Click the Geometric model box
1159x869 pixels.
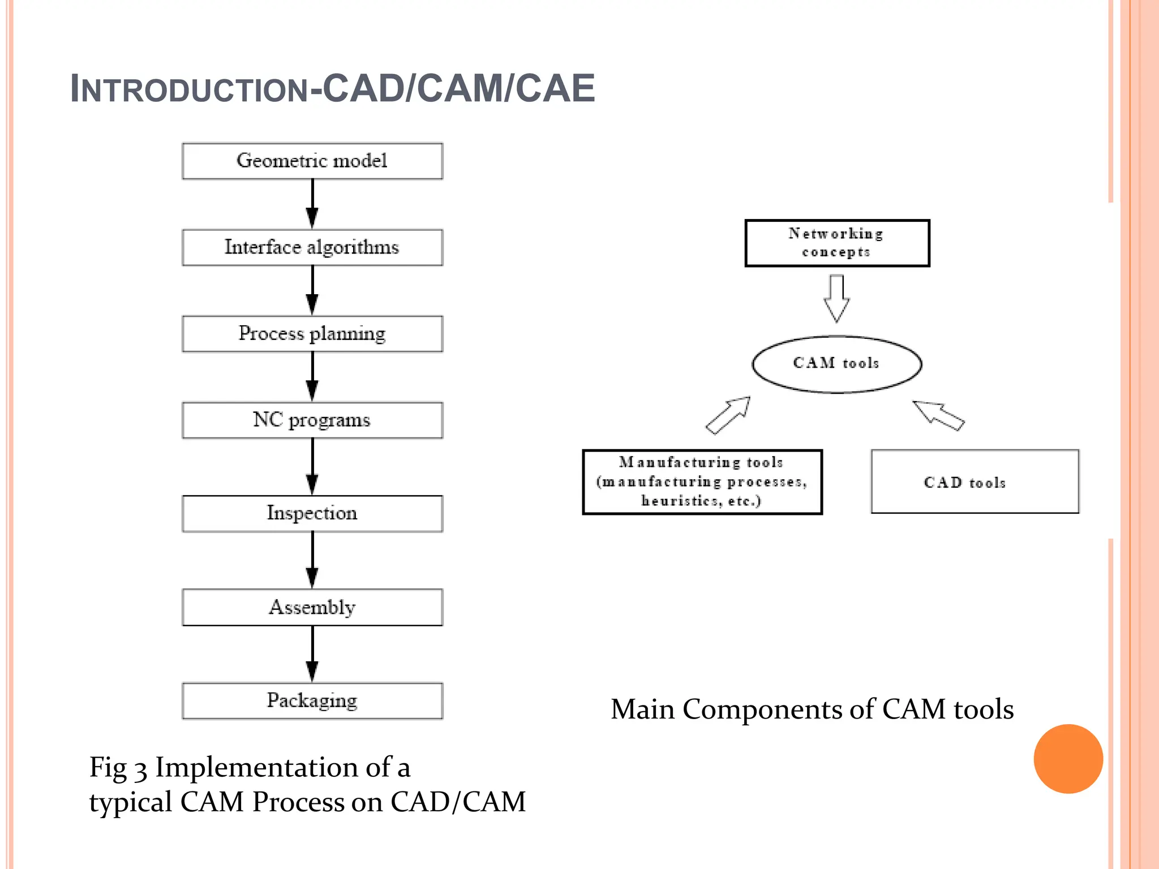tap(312, 161)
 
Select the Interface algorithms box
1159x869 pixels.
tap(312, 247)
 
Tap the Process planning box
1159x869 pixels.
tap(312, 334)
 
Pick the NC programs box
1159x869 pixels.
tap(312, 420)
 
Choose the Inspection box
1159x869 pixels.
tap(312, 514)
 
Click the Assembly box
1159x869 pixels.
tap(312, 608)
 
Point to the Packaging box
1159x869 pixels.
tap(312, 701)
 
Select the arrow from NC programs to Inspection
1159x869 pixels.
tap(312, 467)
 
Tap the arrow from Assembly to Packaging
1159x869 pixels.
tap(312, 655)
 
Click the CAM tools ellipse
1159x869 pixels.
tap(836, 364)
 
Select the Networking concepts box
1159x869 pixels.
tap(837, 243)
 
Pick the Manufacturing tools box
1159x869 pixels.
tap(702, 482)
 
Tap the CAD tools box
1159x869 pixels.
tap(975, 482)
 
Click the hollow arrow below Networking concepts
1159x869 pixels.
tap(836, 299)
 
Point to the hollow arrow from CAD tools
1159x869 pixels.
tap(938, 415)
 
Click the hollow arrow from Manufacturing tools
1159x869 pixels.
tap(728, 415)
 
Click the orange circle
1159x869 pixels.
tap(1068, 759)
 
